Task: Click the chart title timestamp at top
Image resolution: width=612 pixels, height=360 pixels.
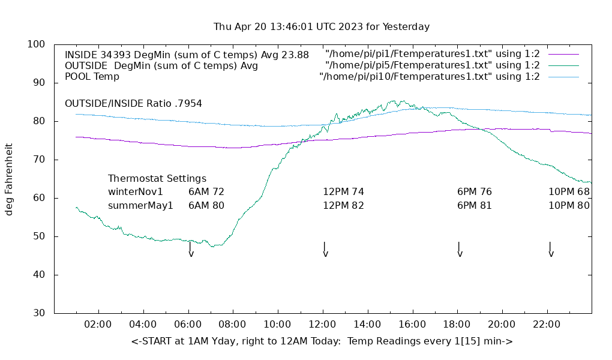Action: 322,27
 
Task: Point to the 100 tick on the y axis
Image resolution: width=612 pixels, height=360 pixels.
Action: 37,44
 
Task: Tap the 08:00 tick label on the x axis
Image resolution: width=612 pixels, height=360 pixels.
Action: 232,325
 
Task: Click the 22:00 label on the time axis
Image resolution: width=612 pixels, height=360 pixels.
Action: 547,325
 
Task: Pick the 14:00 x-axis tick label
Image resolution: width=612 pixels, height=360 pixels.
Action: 367,325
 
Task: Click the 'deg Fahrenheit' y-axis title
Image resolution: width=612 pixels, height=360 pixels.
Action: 9,179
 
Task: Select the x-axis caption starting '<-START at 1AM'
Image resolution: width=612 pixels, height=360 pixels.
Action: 322,341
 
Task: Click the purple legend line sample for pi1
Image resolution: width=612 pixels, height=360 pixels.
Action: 563,55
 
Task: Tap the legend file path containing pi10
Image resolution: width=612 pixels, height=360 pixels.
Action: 430,77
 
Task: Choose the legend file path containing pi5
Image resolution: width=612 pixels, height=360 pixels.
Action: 432,65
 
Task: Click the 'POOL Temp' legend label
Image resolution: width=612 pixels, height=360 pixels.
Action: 92,77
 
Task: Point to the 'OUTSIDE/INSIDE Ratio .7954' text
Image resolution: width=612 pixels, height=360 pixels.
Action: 133,103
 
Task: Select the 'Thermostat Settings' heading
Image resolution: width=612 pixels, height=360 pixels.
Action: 157,179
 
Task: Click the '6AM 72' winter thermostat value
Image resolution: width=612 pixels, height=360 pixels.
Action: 206,192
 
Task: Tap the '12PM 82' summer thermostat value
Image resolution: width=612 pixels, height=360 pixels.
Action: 343,205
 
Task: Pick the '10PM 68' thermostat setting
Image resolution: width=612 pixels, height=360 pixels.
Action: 569,192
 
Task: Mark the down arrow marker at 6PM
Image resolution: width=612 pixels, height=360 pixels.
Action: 460,250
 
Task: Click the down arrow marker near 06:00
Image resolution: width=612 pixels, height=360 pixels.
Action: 191,250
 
